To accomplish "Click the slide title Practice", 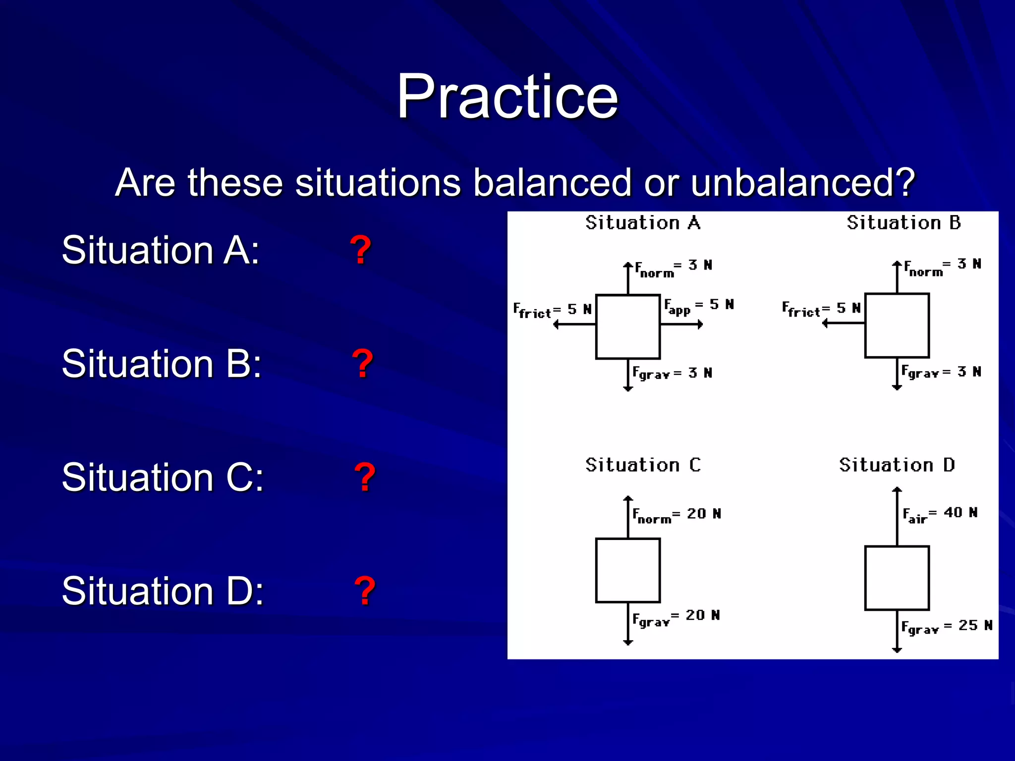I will pyautogui.click(x=507, y=96).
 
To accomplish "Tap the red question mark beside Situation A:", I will pyautogui.click(x=360, y=250).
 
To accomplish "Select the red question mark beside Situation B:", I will pyautogui.click(x=362, y=364).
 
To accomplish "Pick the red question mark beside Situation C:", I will pyautogui.click(x=365, y=478).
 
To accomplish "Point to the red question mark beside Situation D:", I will pyautogui.click(x=365, y=591).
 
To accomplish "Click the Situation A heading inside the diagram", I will pyautogui.click(x=643, y=223).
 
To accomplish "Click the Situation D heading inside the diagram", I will pyautogui.click(x=897, y=465).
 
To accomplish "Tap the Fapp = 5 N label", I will pyautogui.click(x=698, y=307).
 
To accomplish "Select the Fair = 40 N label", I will pyautogui.click(x=940, y=514).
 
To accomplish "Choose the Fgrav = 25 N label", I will pyautogui.click(x=946, y=627).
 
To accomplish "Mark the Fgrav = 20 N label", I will pyautogui.click(x=676, y=617).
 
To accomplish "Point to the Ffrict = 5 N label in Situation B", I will pyautogui.click(x=821, y=309).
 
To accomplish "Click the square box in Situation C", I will pyautogui.click(x=628, y=570).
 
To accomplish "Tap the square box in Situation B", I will pyautogui.click(x=897, y=326).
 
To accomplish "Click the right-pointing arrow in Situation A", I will pyautogui.click(x=682, y=325).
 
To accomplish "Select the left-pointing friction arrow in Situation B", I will pyautogui.click(x=843, y=323).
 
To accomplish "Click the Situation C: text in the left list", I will pyautogui.click(x=163, y=478).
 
